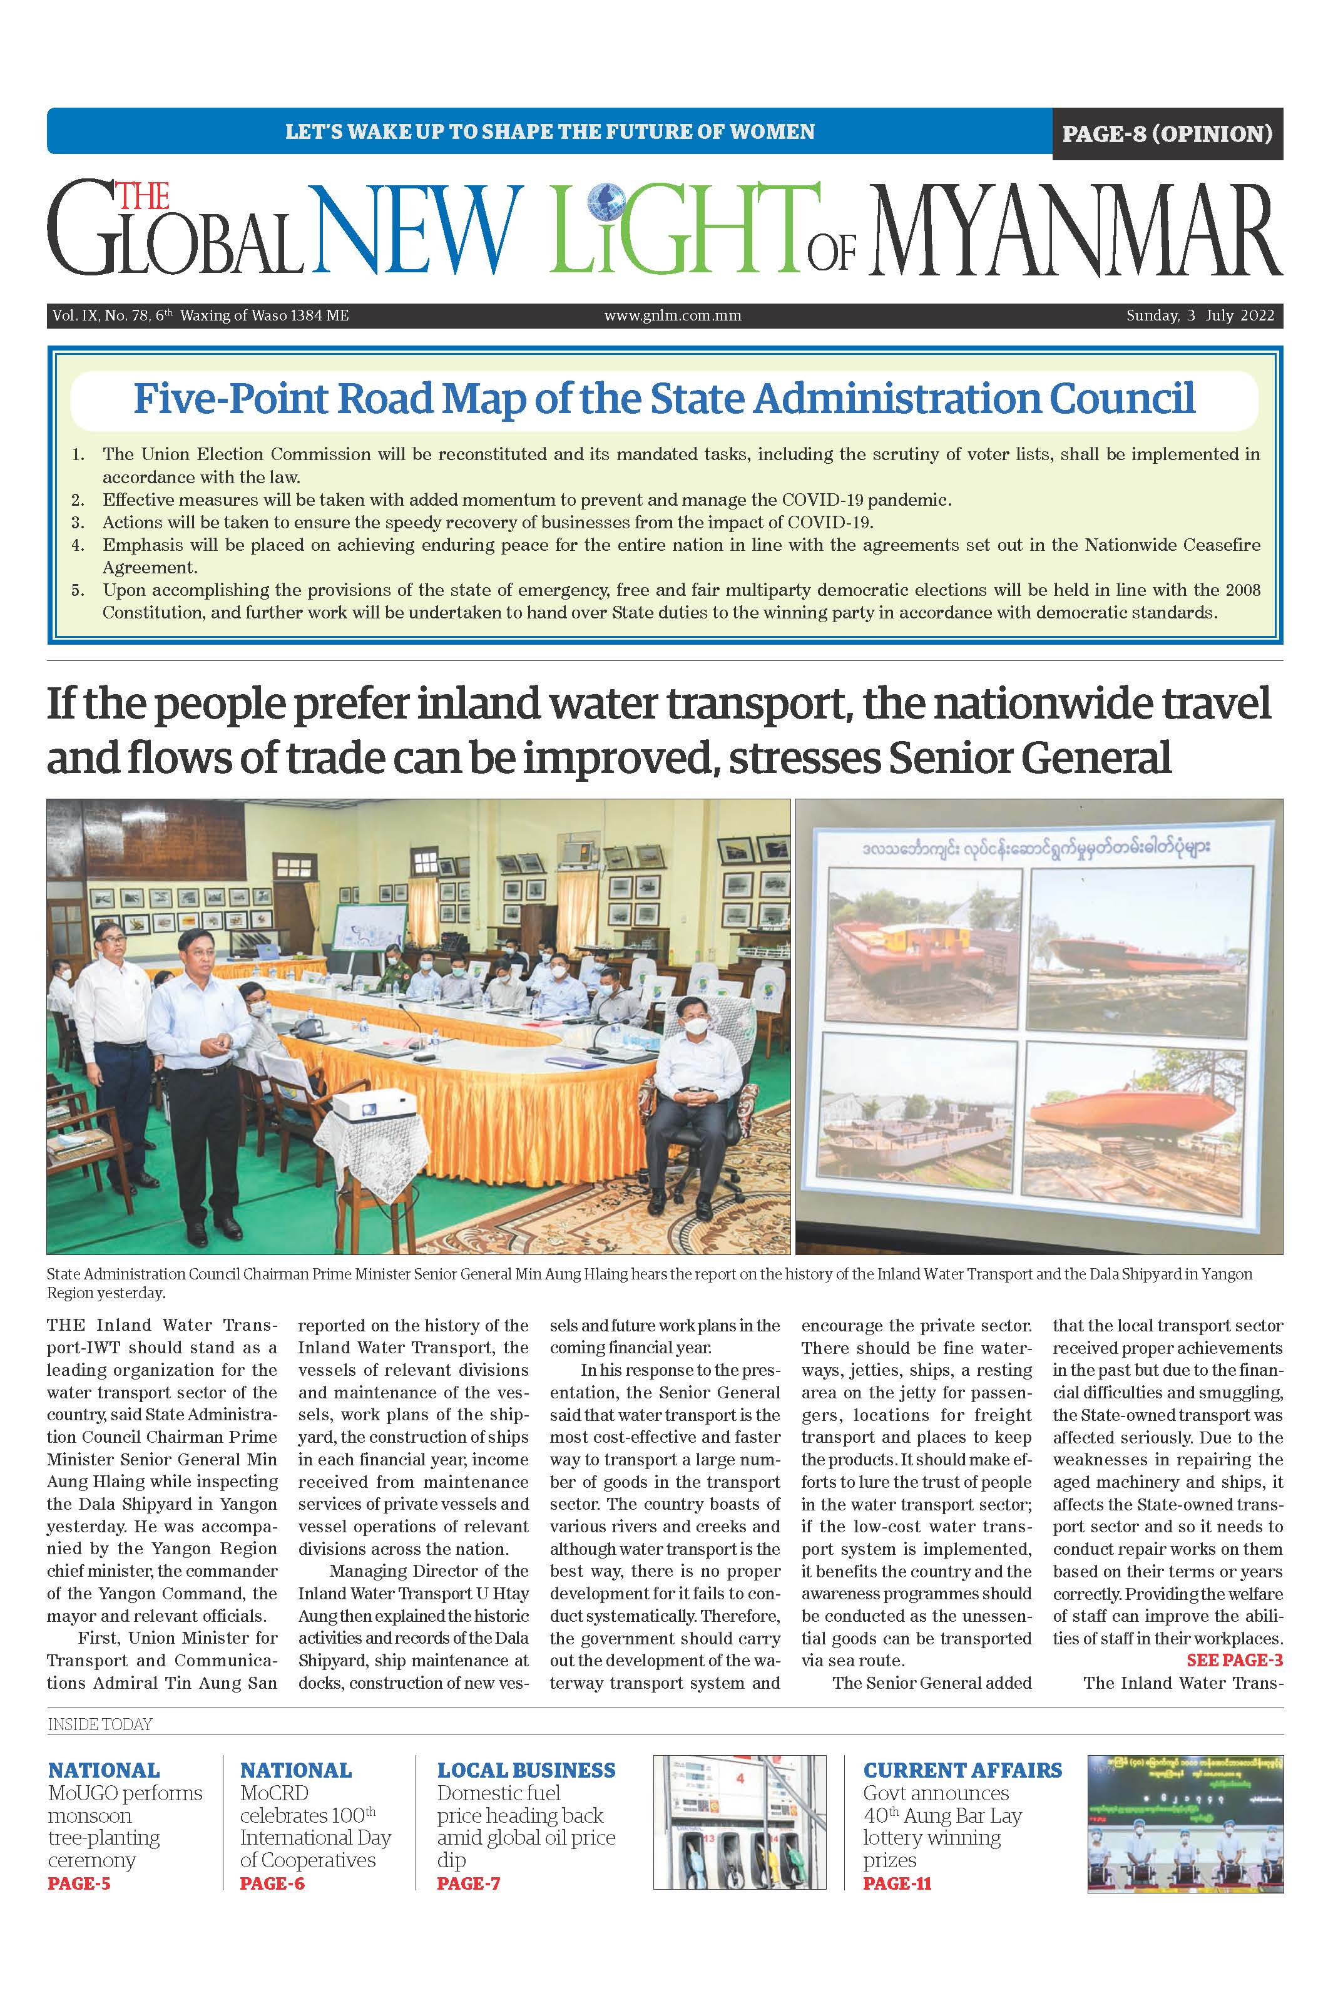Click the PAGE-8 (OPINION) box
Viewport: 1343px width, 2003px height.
(x=1167, y=134)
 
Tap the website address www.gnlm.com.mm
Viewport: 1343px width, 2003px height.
(x=672, y=315)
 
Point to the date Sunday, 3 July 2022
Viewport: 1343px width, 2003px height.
(x=1200, y=315)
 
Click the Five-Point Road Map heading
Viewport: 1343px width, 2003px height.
(x=664, y=399)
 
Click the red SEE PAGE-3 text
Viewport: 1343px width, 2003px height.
(x=1234, y=1659)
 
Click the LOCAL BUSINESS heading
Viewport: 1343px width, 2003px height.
(x=526, y=1770)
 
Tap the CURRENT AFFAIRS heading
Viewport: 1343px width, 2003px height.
(x=962, y=1770)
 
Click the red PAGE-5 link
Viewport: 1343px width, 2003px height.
(x=79, y=1883)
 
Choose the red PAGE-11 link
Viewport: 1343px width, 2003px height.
(x=897, y=1883)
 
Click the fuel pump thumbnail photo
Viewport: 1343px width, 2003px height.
(x=739, y=1822)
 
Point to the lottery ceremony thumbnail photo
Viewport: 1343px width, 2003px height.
(x=1185, y=1822)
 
